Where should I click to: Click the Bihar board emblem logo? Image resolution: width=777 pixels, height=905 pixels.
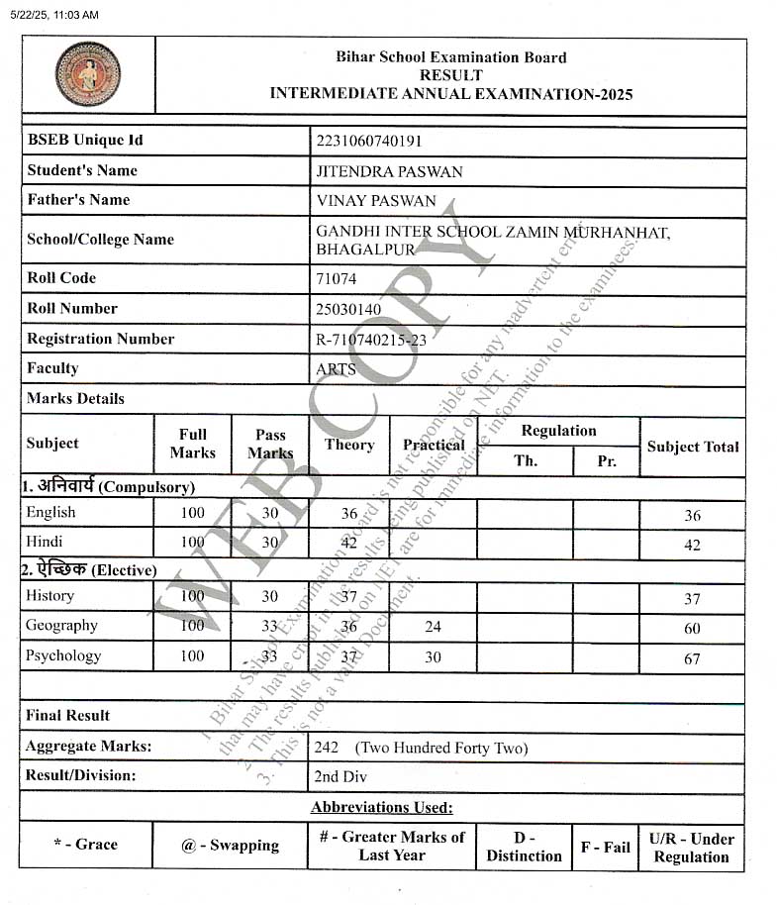tap(88, 74)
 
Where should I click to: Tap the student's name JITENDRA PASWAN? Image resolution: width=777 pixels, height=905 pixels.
tap(389, 171)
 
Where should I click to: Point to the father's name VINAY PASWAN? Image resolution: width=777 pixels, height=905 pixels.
tap(375, 201)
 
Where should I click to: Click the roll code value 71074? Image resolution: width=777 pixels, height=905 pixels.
tap(336, 279)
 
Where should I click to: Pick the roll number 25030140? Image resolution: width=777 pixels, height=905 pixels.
tap(348, 309)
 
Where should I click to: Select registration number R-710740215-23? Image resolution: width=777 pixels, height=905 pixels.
tap(371, 339)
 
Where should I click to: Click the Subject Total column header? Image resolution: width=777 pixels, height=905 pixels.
tap(693, 447)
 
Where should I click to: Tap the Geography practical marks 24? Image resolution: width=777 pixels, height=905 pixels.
tap(433, 627)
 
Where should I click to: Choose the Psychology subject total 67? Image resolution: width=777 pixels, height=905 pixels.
tap(692, 658)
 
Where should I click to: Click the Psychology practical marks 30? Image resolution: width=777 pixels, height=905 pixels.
tap(433, 656)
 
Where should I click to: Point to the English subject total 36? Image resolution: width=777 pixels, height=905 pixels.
tap(692, 516)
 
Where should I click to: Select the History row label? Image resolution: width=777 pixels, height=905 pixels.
tap(50, 596)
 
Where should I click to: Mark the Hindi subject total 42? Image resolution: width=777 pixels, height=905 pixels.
tap(692, 546)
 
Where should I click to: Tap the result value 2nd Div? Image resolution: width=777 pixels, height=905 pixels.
tap(340, 777)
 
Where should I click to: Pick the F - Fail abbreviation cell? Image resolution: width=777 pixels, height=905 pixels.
tap(605, 847)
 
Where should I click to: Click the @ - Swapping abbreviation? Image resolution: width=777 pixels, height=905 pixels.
tap(230, 846)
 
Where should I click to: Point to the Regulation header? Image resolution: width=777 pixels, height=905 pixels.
tap(558, 431)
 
